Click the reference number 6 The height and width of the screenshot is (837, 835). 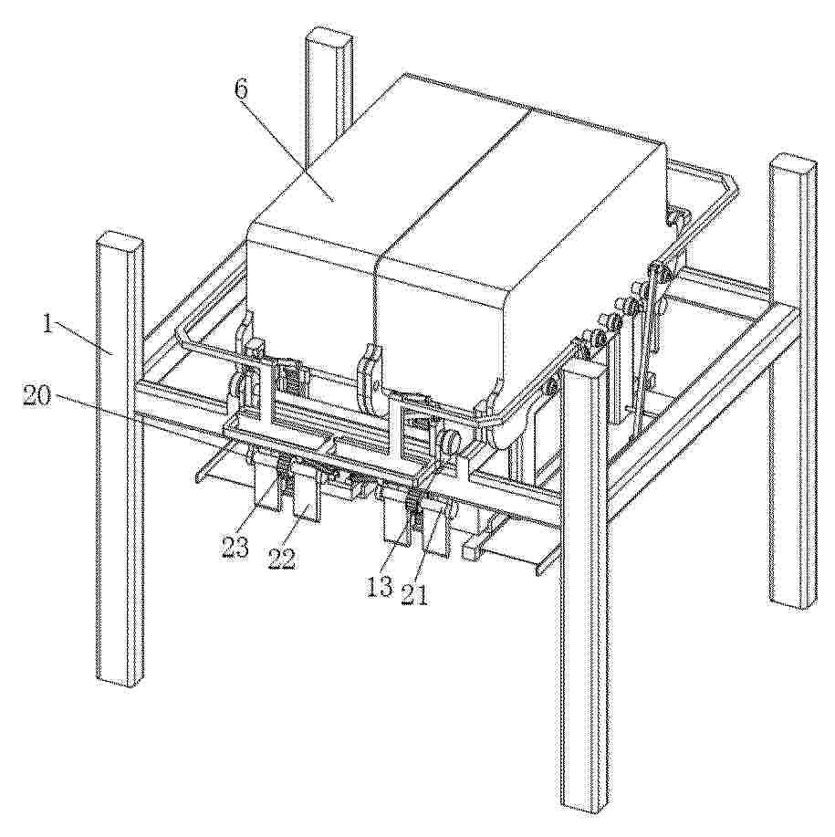[x=241, y=89]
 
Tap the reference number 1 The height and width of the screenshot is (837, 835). [x=48, y=323]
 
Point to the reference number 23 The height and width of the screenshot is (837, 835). [x=236, y=547]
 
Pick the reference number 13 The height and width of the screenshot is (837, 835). [x=381, y=587]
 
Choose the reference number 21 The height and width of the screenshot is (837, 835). [x=415, y=593]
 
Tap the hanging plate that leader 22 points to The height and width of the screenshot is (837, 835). [x=308, y=495]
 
